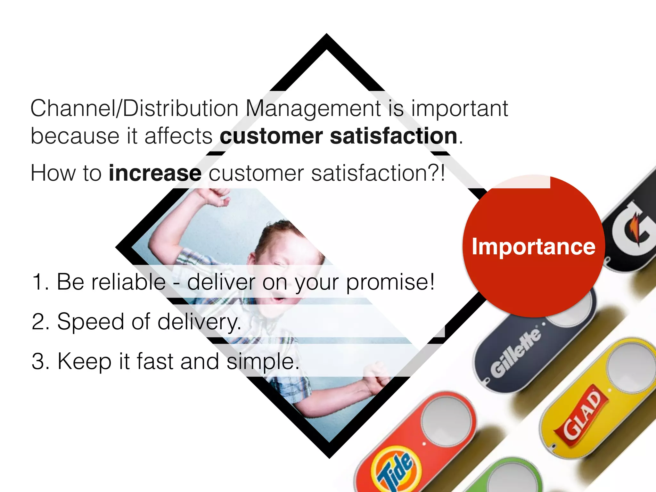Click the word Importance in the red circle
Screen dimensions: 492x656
[533, 247]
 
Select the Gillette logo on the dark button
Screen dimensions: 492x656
[516, 352]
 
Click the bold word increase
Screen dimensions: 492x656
[155, 173]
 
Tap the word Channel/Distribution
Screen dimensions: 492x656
[134, 108]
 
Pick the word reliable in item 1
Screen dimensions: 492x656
[128, 282]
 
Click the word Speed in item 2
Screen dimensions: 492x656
[91, 322]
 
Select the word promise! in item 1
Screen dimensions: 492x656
[390, 282]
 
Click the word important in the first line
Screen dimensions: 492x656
[460, 108]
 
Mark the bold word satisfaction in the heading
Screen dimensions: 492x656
[394, 136]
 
